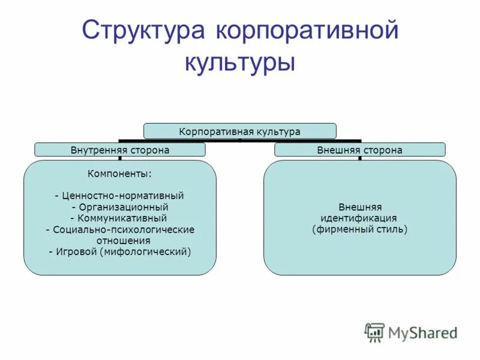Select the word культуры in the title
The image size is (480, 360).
[239, 62]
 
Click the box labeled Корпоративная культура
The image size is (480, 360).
[239, 131]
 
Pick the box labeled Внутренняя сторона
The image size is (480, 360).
[120, 150]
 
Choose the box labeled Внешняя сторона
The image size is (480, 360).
[359, 150]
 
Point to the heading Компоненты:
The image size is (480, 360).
[120, 174]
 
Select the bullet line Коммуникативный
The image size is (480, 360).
[120, 218]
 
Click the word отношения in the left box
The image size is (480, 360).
[120, 241]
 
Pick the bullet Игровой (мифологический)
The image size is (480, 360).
[120, 252]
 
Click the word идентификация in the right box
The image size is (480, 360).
[359, 218]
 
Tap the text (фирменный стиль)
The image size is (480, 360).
[359, 230]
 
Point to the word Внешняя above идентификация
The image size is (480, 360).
[359, 207]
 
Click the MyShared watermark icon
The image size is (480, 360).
[374, 332]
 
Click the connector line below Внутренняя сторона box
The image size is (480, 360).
[120, 158]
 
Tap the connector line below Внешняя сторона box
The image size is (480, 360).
[359, 158]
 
